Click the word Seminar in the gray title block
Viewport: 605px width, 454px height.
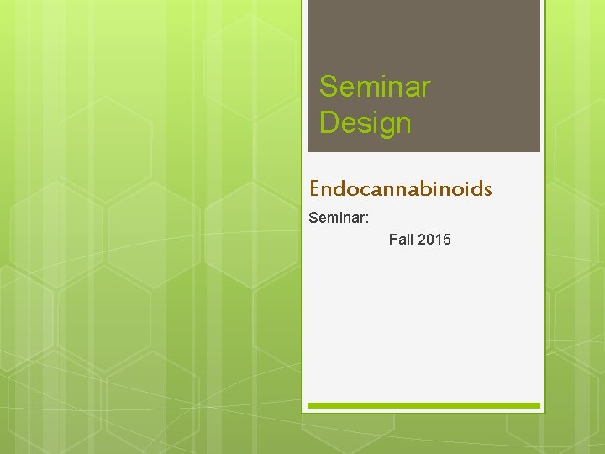coord(375,87)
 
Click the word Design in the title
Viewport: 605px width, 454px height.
coord(366,124)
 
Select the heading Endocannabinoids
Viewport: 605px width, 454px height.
coord(400,188)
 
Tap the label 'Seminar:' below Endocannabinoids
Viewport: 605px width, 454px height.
coord(339,218)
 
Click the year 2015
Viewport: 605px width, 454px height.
coord(434,240)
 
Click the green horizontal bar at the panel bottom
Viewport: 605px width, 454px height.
coord(423,405)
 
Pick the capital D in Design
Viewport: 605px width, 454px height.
coord(329,124)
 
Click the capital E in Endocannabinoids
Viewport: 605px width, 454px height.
coord(315,188)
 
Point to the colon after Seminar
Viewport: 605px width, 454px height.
coord(366,219)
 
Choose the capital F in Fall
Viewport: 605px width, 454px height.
coord(393,240)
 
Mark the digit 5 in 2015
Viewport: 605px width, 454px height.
coord(446,240)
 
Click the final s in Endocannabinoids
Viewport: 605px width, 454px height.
coord(487,189)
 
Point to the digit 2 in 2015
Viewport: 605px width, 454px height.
coord(422,240)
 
